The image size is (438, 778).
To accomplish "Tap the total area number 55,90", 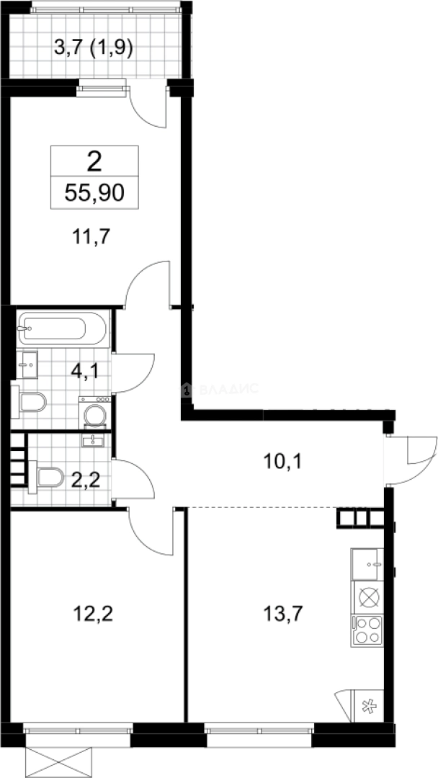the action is [94, 193].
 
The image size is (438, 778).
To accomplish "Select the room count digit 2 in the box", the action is [94, 162].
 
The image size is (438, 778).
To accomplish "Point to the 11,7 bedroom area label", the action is [90, 236].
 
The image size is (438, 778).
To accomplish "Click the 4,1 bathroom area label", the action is [84, 371].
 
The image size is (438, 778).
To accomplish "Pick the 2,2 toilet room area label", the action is [85, 480].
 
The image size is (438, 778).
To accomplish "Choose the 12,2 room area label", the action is [93, 614].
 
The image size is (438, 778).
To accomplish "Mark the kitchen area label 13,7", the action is [282, 614].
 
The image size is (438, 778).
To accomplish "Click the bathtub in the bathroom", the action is [62, 328].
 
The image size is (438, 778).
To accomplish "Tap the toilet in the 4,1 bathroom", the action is [29, 402].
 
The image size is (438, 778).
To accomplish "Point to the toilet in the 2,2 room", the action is [46, 478].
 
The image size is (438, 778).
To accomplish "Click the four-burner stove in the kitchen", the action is [367, 630].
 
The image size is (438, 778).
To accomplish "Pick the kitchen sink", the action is [367, 564].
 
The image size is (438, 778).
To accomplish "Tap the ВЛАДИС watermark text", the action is [229, 388].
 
